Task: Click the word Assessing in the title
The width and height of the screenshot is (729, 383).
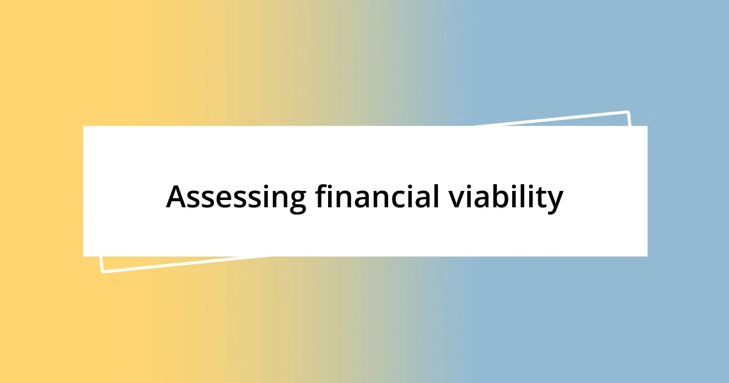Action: (236, 198)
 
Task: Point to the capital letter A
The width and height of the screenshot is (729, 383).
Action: (177, 198)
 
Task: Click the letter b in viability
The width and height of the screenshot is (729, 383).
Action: (493, 198)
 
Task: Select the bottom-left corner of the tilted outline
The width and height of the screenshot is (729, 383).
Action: (102, 271)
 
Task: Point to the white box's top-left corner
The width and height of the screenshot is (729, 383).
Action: (83, 126)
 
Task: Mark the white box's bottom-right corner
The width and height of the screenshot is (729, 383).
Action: (647, 256)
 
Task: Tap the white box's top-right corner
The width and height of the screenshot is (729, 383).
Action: (647, 126)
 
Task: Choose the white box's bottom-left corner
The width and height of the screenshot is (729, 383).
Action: (83, 256)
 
